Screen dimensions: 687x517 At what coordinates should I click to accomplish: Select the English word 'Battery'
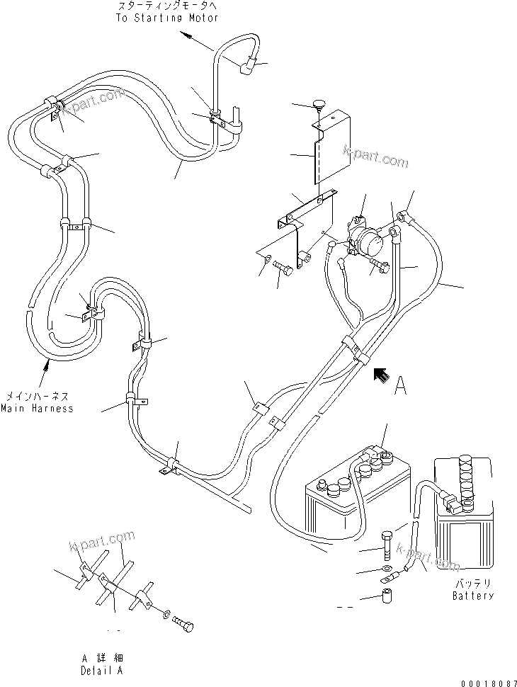click(x=473, y=596)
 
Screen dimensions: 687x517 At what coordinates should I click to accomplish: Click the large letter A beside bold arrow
click(x=402, y=385)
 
